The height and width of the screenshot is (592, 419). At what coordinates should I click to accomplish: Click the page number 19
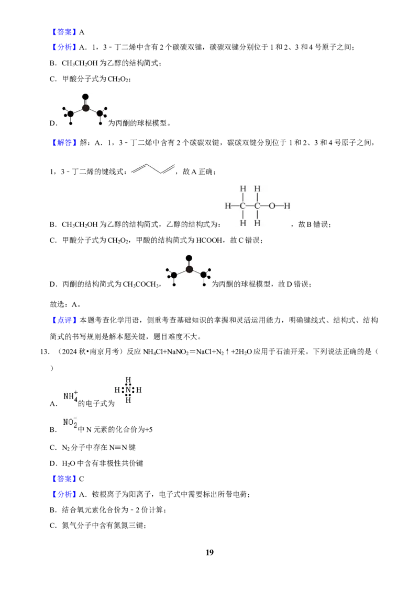[x=210, y=552]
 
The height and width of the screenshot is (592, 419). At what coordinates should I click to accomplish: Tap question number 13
[x=45, y=352]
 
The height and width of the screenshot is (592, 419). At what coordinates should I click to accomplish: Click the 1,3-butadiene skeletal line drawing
[x=153, y=169]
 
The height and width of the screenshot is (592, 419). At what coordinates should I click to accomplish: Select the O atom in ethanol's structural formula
[x=272, y=206]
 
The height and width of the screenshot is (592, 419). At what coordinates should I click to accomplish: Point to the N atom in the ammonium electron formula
[x=128, y=390]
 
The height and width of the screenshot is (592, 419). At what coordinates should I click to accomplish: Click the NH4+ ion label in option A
[x=71, y=396]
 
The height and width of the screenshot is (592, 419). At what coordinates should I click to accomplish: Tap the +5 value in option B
[x=149, y=430]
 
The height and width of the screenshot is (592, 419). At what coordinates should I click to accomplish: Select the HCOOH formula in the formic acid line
[x=209, y=240]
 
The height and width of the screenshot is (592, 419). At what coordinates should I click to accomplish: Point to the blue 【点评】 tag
[x=64, y=320]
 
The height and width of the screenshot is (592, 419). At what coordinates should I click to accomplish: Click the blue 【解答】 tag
[x=64, y=143]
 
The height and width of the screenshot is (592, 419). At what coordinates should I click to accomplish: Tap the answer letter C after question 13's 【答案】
[x=82, y=479]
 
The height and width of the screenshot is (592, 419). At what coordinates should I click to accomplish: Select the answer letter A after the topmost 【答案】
[x=82, y=32]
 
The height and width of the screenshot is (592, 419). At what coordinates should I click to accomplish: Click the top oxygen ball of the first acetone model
[x=85, y=97]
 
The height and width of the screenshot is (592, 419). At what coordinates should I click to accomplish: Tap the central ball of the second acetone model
[x=189, y=269]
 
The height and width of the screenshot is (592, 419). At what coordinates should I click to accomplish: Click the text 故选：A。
[x=65, y=304]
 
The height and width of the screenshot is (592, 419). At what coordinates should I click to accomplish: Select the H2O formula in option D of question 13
[x=69, y=463]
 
